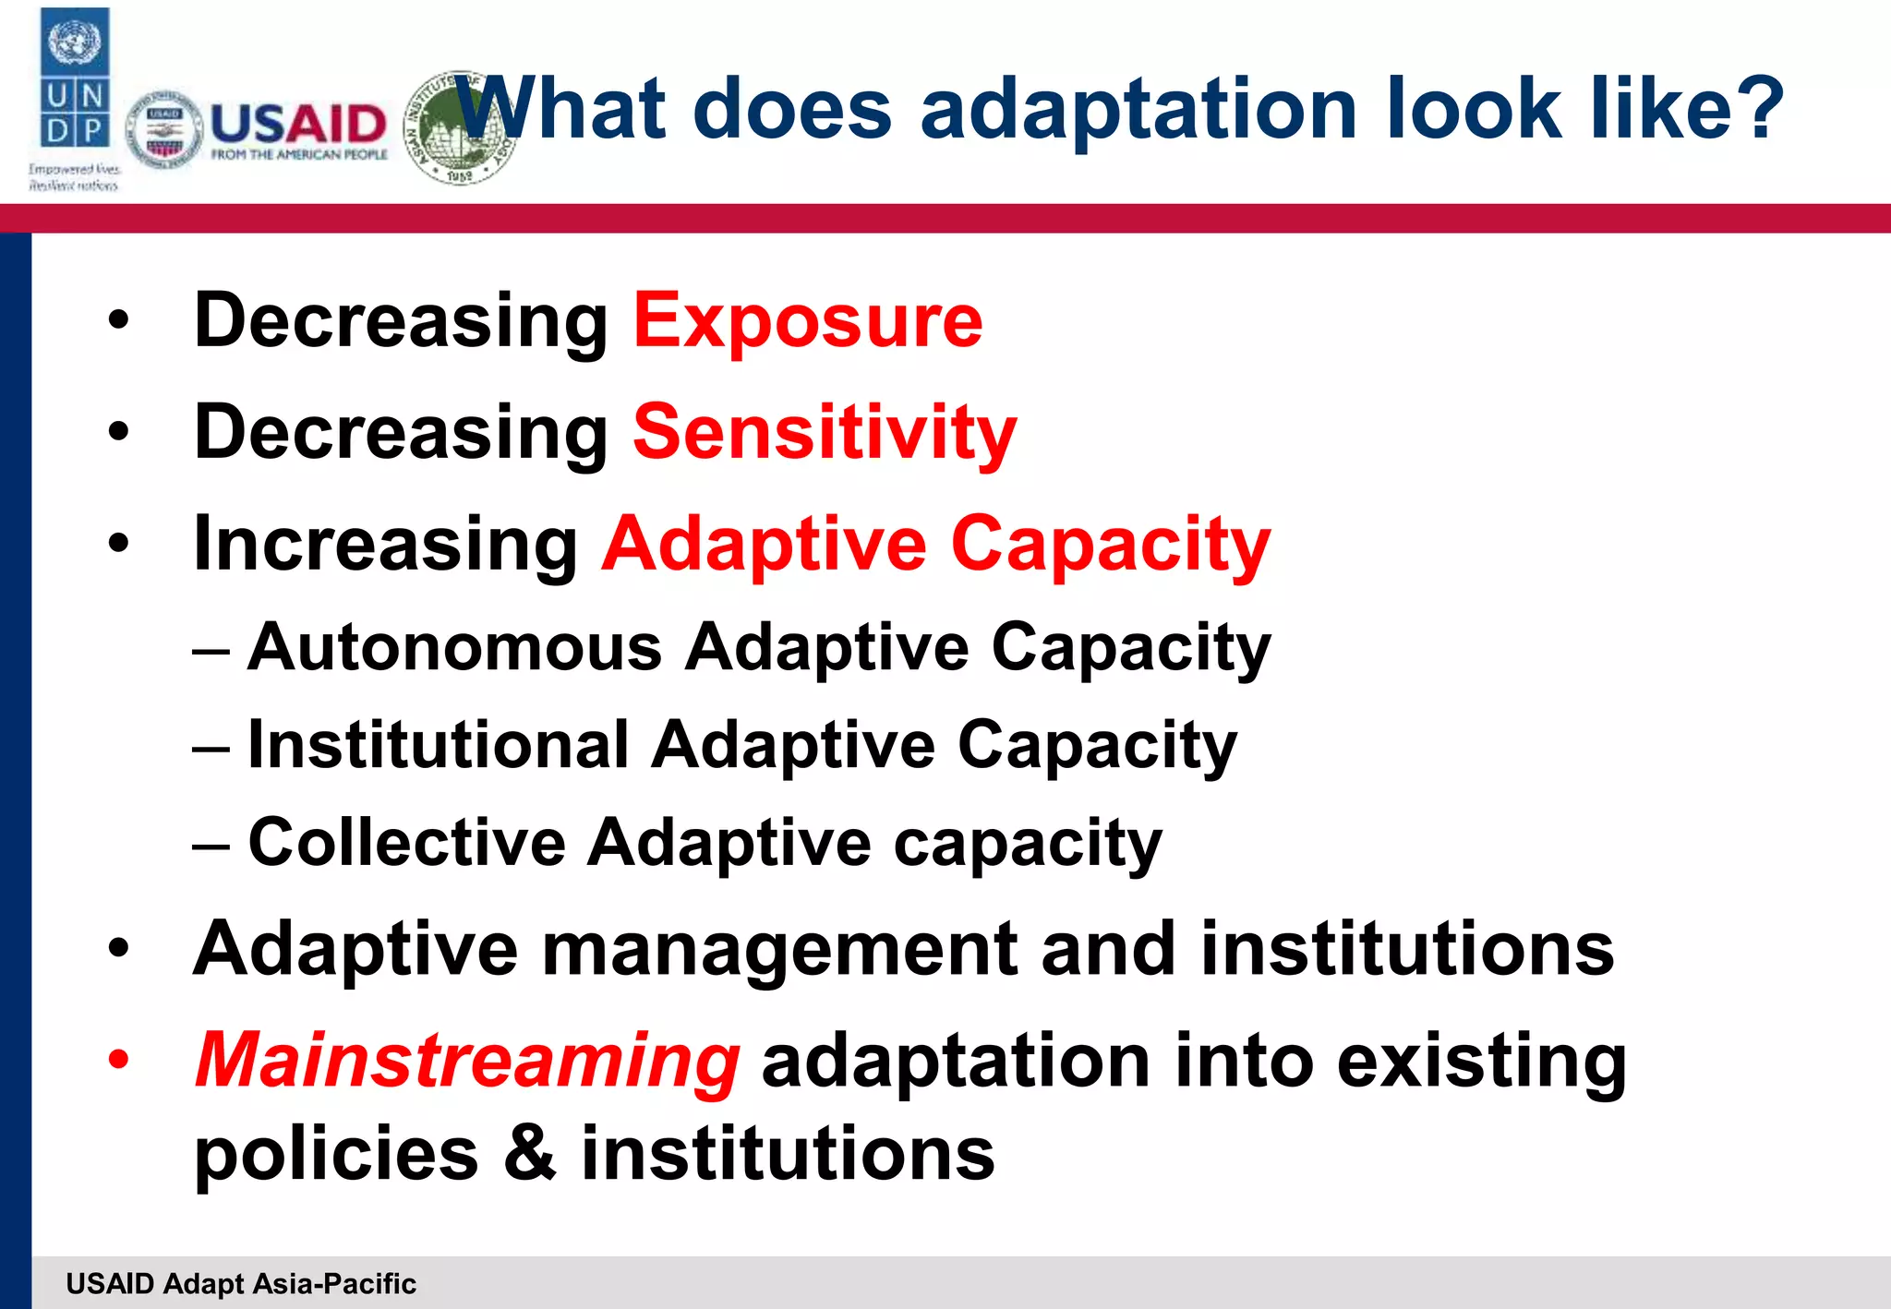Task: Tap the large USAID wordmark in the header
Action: [x=297, y=124]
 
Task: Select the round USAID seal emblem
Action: [x=163, y=130]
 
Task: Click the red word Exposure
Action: [x=807, y=320]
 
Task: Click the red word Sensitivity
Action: [x=824, y=432]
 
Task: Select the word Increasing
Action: [x=385, y=545]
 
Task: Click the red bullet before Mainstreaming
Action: [x=118, y=1059]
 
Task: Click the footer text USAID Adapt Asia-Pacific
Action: [x=241, y=1283]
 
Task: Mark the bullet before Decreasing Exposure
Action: [x=118, y=320]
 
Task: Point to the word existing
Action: [x=1481, y=1062]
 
